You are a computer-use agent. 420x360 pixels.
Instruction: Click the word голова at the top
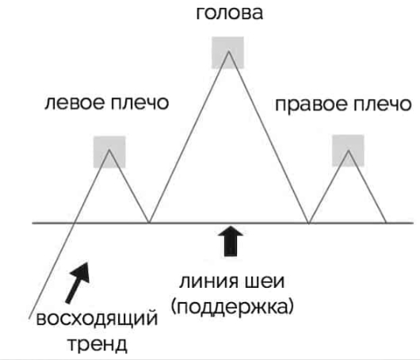230,13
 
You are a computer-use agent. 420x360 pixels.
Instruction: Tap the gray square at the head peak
227,52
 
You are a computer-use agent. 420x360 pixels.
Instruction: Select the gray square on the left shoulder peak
109,152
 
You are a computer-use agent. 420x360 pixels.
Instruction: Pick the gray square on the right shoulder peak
348,151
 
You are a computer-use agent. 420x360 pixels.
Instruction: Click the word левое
74,103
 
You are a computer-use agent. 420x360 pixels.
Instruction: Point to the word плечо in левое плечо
139,103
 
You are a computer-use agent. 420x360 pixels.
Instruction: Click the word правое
311,105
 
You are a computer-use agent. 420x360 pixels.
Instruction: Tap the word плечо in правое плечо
382,104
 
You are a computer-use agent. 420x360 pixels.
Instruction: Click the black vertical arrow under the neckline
231,241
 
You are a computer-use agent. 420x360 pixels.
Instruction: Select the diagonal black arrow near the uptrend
78,282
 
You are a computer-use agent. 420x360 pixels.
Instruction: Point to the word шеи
265,281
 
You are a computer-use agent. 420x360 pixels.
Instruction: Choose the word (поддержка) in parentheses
232,306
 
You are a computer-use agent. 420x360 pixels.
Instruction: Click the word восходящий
97,320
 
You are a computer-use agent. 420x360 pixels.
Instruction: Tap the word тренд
97,344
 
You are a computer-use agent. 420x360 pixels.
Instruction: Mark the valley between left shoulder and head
149,223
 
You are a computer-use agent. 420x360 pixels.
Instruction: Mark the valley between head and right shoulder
309,223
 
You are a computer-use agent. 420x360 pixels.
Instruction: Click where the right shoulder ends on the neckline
386,223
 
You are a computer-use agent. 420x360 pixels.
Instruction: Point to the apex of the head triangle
228,52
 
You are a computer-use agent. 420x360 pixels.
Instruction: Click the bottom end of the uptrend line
29,319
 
